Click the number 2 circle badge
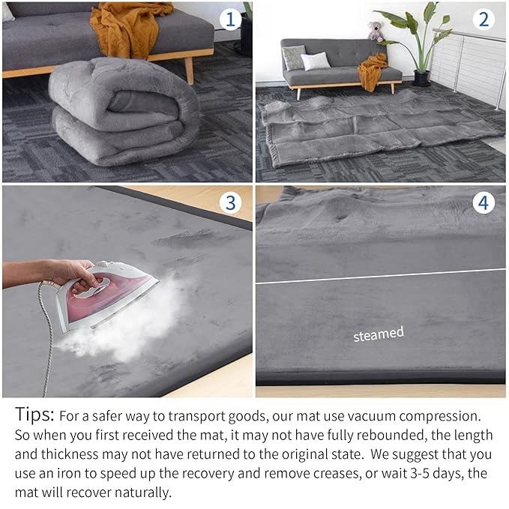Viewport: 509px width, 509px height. (x=484, y=19)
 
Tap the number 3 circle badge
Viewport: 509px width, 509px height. (x=231, y=202)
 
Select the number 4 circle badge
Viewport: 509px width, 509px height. (x=484, y=202)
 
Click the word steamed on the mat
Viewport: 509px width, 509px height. (x=379, y=334)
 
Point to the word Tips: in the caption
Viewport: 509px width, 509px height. (x=34, y=415)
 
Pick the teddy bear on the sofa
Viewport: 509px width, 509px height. (x=375, y=31)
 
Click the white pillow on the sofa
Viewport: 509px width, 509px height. (x=316, y=61)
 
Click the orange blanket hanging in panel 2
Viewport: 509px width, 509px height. (x=372, y=70)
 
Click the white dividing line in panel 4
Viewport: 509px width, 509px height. (x=380, y=276)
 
